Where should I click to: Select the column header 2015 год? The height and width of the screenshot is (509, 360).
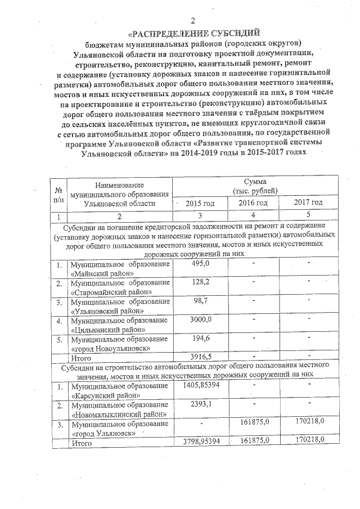pos(200,203)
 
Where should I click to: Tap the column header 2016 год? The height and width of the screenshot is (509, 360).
pos(253,202)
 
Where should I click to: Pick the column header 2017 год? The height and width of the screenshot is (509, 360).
pos(308,202)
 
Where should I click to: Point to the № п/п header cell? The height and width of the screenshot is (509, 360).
pos(58,194)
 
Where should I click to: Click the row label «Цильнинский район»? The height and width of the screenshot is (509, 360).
pos(109,330)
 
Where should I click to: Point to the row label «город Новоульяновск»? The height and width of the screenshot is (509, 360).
pos(112,348)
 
